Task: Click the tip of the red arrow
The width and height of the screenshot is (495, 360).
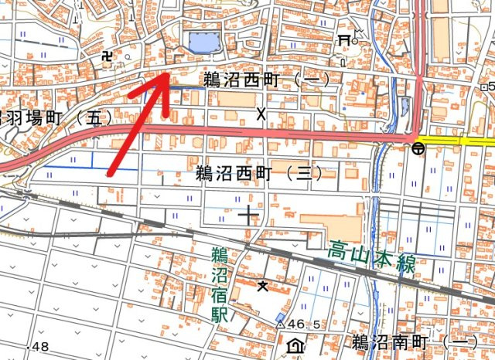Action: [168, 74]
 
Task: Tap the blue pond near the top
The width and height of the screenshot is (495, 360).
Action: [203, 42]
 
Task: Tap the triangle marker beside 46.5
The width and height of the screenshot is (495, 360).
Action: [281, 323]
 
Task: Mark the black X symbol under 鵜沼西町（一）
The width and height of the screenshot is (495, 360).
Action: [261, 115]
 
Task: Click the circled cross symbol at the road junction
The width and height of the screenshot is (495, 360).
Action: [417, 147]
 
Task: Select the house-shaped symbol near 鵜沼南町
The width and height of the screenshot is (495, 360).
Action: [295, 345]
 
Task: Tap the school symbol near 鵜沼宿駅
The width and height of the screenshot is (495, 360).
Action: [264, 286]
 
